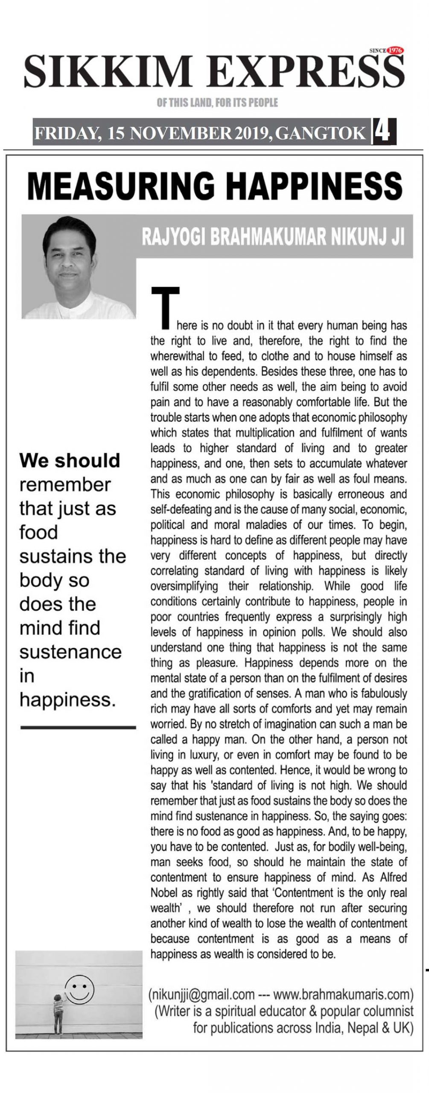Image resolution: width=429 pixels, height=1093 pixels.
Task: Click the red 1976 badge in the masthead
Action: tap(395, 50)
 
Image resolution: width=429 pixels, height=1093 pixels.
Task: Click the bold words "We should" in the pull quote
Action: tap(70, 460)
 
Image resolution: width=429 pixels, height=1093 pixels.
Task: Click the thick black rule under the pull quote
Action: tap(78, 727)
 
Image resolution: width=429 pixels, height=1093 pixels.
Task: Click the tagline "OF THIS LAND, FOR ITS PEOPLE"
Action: tap(217, 102)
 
